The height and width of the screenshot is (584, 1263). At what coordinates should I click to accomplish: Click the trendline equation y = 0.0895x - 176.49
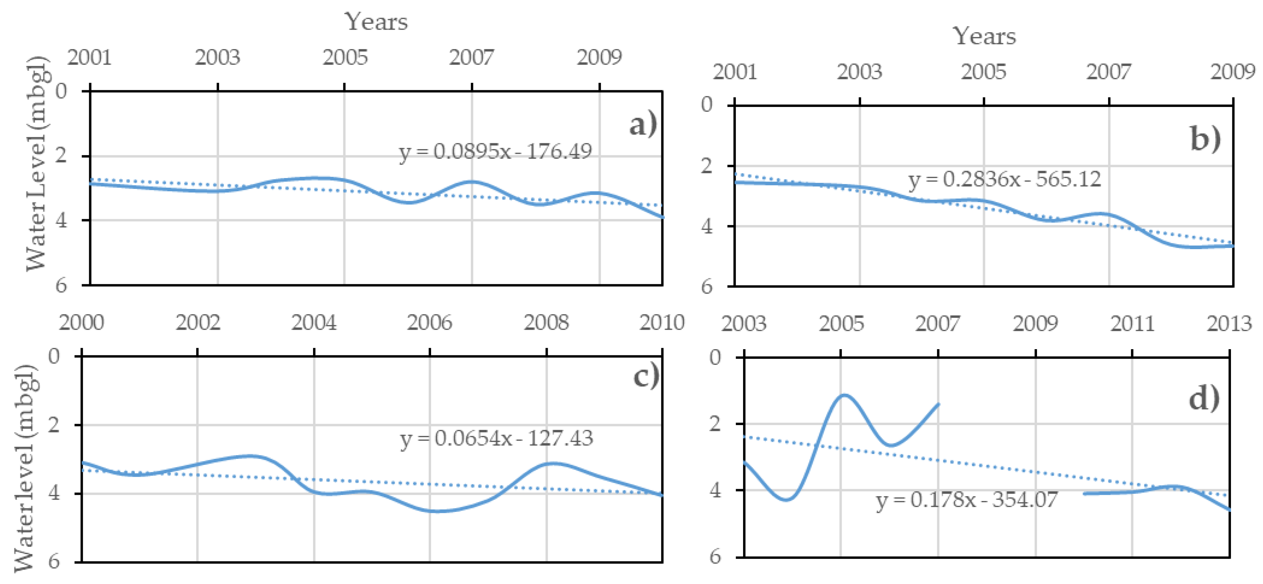pos(495,152)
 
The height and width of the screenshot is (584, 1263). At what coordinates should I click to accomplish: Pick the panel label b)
pos(1206,139)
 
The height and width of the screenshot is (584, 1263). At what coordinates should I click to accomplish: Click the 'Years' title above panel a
pos(376,22)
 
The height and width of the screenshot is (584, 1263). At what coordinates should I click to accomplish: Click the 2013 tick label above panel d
pos(1229,324)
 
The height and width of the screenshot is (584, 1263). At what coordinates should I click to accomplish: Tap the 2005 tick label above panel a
pos(345,58)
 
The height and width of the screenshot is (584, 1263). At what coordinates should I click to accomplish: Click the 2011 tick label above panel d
pos(1132,324)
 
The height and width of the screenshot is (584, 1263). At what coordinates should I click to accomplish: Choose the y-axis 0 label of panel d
pos(715,357)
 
